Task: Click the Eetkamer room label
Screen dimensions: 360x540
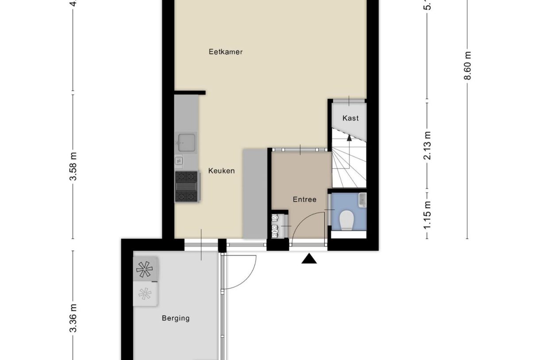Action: coord(225,52)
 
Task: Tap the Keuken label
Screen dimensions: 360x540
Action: coord(221,170)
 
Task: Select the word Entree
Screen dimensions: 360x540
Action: coord(305,199)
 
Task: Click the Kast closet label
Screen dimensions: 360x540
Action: coord(351,118)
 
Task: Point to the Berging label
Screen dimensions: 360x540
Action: coord(175,318)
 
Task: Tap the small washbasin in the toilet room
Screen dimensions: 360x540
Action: coord(362,199)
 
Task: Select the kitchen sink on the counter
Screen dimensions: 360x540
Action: coord(186,142)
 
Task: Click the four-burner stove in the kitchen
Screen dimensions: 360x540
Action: coord(186,186)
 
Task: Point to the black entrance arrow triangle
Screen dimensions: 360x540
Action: coord(309,259)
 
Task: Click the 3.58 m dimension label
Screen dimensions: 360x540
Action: coord(73,166)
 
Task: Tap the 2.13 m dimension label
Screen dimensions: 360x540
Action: coord(427,146)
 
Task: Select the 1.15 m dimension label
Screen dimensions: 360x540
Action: coord(427,216)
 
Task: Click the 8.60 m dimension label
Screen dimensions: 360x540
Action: coord(467,66)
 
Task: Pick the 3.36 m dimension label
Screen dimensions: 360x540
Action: coord(73,317)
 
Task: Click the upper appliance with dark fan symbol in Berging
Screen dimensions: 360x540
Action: coord(146,269)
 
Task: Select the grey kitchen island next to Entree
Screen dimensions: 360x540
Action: coord(255,194)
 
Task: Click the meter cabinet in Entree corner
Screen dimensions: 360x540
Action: coord(279,225)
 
